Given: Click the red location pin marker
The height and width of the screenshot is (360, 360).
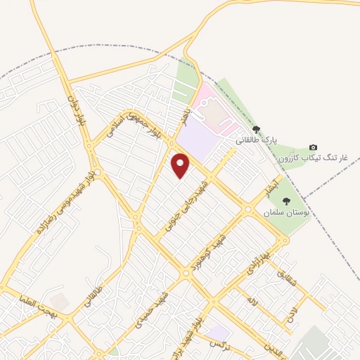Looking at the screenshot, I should click(x=181, y=165).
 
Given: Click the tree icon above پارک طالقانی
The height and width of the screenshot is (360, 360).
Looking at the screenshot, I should click(x=257, y=129).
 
